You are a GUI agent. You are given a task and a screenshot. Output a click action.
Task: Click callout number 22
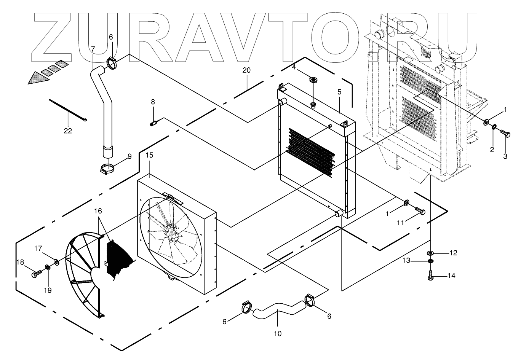coord(68,131)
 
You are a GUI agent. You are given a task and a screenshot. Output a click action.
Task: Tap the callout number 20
coord(247,70)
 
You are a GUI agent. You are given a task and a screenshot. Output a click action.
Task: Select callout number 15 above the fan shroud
coord(150,155)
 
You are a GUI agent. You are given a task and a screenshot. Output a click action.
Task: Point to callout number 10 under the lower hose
coord(278,334)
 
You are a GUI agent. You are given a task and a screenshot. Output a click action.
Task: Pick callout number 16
coord(98,210)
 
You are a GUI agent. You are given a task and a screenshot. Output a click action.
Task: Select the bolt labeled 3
coord(505,134)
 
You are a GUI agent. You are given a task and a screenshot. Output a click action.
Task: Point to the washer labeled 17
coord(56,262)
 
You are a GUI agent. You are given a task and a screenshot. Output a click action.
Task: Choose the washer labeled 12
coord(431,253)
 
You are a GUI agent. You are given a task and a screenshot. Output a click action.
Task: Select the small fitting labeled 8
coord(153,123)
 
